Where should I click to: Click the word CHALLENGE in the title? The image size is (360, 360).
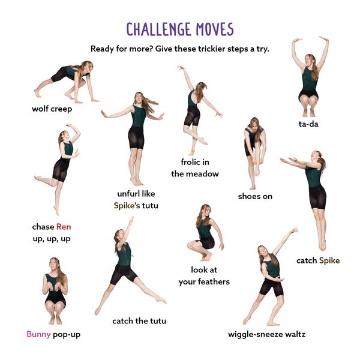(159, 29)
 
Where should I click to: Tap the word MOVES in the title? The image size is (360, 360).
(215, 29)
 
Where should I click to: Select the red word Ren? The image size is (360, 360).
(64, 227)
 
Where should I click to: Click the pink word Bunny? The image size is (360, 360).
(38, 334)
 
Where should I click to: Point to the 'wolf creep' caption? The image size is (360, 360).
(52, 109)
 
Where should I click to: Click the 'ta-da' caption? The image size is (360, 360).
(308, 124)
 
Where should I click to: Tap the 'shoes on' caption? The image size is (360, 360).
(255, 196)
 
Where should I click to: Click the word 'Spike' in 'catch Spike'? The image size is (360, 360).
(329, 260)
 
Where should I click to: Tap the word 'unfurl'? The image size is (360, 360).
(129, 194)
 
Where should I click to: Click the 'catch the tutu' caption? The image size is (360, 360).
(139, 321)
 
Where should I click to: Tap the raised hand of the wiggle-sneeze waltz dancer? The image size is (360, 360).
(294, 230)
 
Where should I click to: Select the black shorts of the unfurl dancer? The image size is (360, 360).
(136, 137)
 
